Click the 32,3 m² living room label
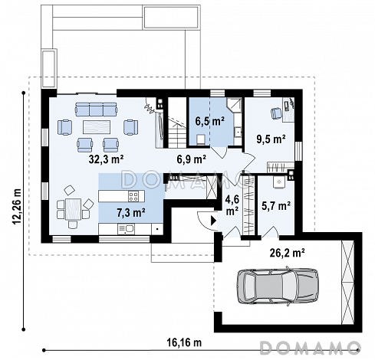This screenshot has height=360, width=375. click(x=107, y=159)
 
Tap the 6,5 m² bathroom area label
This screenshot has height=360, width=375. click(x=210, y=121)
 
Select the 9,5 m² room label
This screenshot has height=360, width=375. click(x=271, y=139)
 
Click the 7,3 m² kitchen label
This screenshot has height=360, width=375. click(x=131, y=212)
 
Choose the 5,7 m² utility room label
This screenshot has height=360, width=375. click(x=276, y=205)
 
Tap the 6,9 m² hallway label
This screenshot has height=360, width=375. click(x=192, y=159)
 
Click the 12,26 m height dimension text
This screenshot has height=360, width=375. click(x=17, y=207)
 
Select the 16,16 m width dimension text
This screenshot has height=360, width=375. click(x=184, y=342)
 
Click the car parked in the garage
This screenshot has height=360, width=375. click(x=278, y=286)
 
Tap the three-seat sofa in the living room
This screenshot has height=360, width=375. click(x=96, y=109)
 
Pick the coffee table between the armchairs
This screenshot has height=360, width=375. click(x=97, y=127)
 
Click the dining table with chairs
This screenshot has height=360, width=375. click(x=73, y=209)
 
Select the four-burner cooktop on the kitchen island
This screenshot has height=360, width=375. click(x=133, y=196)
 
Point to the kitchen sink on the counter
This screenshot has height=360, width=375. click(x=126, y=229)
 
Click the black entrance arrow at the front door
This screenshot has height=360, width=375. click(x=213, y=221)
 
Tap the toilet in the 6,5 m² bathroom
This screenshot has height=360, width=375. click(x=201, y=140)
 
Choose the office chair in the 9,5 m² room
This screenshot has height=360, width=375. click(x=276, y=113)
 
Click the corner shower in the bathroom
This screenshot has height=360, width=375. click(x=234, y=105)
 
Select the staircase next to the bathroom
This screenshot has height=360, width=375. click(x=177, y=123)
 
